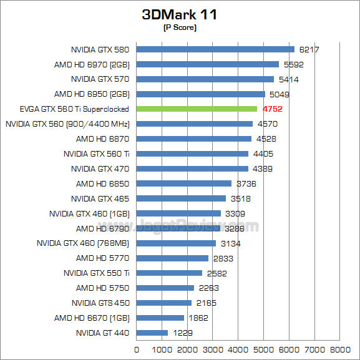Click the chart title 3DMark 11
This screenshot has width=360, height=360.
tap(180, 15)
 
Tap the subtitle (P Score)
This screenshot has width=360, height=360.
tap(180, 28)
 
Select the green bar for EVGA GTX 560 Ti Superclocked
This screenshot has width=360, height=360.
tap(197, 109)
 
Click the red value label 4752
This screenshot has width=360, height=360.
tap(273, 109)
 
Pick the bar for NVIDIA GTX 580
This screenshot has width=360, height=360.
tap(215, 49)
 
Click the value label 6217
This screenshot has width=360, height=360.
tap(309, 49)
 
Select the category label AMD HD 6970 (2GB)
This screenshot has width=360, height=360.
tap(92, 64)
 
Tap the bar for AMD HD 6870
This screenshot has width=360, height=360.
tap(193, 139)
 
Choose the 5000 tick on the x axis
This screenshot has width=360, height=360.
tap(265, 349)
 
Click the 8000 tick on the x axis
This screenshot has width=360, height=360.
tap(340, 349)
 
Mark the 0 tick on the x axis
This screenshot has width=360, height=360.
tap(137, 349)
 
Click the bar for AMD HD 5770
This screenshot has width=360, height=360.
tap(172, 258)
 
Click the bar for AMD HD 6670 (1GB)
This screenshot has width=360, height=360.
tap(160, 318)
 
